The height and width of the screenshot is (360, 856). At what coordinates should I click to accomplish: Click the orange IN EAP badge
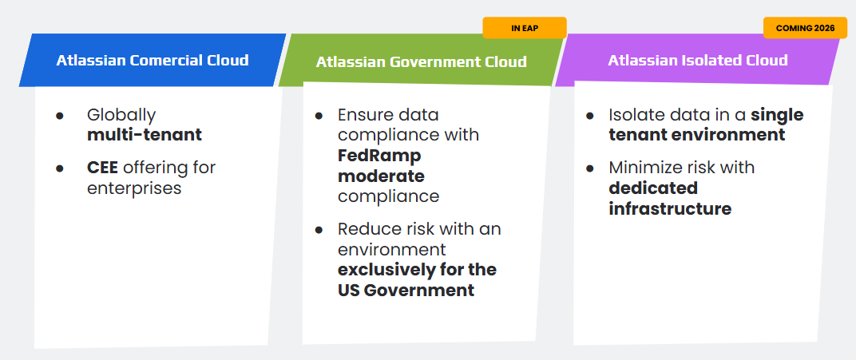(524, 28)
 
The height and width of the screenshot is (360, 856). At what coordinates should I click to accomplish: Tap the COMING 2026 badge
(805, 28)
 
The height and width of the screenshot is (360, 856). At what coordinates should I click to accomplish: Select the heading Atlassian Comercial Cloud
(153, 60)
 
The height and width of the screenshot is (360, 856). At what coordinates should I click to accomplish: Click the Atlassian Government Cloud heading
(422, 61)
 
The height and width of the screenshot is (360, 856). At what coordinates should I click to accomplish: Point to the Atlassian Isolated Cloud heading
(698, 60)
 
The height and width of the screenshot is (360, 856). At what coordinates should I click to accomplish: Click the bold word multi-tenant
(144, 135)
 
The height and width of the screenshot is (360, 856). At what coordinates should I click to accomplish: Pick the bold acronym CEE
(103, 168)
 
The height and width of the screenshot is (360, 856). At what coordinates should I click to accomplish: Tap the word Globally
(121, 116)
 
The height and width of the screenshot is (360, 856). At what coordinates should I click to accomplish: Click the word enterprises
(134, 188)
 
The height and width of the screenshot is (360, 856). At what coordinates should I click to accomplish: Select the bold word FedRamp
(379, 156)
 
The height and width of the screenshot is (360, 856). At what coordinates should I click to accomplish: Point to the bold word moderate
(381, 176)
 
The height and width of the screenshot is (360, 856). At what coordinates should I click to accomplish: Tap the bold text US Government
(406, 291)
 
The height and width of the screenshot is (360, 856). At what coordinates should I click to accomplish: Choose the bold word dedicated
(653, 188)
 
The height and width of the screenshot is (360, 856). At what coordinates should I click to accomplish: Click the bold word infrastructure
(670, 208)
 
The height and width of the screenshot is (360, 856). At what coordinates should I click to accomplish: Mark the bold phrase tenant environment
(696, 135)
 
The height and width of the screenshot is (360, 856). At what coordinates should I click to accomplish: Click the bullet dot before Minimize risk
(589, 168)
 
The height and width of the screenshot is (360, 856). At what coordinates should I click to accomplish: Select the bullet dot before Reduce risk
(319, 230)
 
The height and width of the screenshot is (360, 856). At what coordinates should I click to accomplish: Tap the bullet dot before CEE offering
(60, 168)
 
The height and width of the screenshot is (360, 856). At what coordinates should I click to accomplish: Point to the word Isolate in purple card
(633, 115)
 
